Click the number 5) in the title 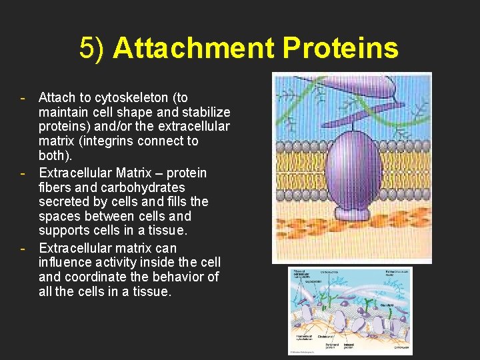click(x=93, y=48)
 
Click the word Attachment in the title click(x=193, y=48)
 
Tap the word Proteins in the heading click(x=340, y=48)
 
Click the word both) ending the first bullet click(x=55, y=155)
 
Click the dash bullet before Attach click(x=24, y=98)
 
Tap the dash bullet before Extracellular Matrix click(x=24, y=173)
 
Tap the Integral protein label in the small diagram click(x=348, y=346)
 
